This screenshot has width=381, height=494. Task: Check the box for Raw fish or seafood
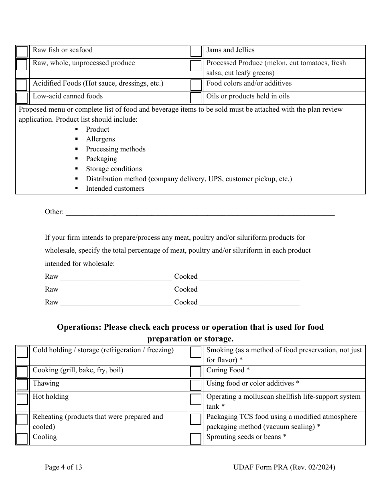coord(22,52)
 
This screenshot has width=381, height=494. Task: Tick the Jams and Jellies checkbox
coord(196,52)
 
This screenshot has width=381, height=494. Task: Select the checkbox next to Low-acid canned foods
coord(22,98)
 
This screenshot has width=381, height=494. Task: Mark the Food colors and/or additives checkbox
coord(196,85)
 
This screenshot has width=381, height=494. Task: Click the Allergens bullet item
coord(100,139)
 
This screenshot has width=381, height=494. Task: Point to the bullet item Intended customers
coord(115,188)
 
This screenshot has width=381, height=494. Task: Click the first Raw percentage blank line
coord(116,277)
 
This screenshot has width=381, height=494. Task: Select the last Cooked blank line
coord(249,302)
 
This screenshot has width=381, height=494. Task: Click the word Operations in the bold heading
coord(78,327)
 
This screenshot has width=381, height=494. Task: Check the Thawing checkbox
coord(22,385)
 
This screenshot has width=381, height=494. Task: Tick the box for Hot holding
coord(22,399)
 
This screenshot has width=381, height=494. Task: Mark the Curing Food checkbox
coord(196,372)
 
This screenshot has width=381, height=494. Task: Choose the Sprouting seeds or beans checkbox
coord(196,439)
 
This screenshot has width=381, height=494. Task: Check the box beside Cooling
coord(22,439)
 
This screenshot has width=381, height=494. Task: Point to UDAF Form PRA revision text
coord(284,467)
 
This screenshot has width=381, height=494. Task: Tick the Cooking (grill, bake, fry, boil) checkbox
coord(22,372)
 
